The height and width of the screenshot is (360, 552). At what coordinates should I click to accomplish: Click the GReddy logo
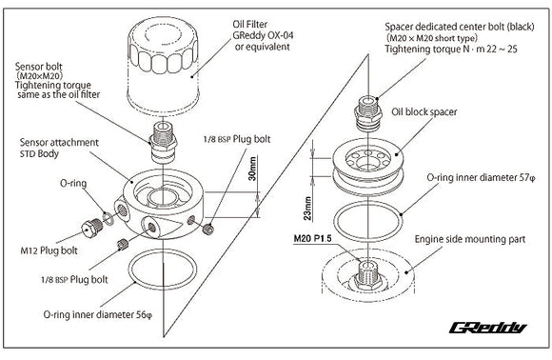(488, 328)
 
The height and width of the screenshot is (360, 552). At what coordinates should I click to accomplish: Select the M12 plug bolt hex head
(91, 228)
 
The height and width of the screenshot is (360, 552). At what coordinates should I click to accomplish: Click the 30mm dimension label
(252, 169)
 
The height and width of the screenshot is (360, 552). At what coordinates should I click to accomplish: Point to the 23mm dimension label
(307, 209)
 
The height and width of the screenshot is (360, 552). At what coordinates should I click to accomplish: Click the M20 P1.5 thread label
(312, 239)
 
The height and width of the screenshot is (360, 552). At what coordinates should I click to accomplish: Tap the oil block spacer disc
(368, 166)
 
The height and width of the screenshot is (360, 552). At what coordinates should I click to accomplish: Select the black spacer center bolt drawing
(368, 112)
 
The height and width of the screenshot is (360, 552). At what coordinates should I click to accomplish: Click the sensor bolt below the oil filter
(163, 142)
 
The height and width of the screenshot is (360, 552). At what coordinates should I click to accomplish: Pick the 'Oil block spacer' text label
(424, 112)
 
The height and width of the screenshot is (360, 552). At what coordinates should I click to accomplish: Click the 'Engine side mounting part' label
(469, 239)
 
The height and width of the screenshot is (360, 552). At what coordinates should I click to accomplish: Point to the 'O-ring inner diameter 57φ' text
(481, 177)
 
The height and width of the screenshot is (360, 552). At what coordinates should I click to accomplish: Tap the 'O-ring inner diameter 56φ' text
(97, 314)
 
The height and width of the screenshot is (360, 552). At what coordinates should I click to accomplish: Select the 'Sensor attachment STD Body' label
(59, 148)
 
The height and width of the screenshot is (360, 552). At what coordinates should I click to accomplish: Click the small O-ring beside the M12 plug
(108, 218)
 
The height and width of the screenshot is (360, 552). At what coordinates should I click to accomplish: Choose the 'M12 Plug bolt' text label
(49, 250)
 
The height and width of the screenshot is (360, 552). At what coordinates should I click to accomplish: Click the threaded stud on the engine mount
(367, 274)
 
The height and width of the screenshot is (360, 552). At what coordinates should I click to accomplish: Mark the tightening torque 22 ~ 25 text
(451, 49)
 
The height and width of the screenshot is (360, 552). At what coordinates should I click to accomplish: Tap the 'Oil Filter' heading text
(250, 25)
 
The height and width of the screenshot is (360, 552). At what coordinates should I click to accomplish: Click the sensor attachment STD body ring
(163, 204)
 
